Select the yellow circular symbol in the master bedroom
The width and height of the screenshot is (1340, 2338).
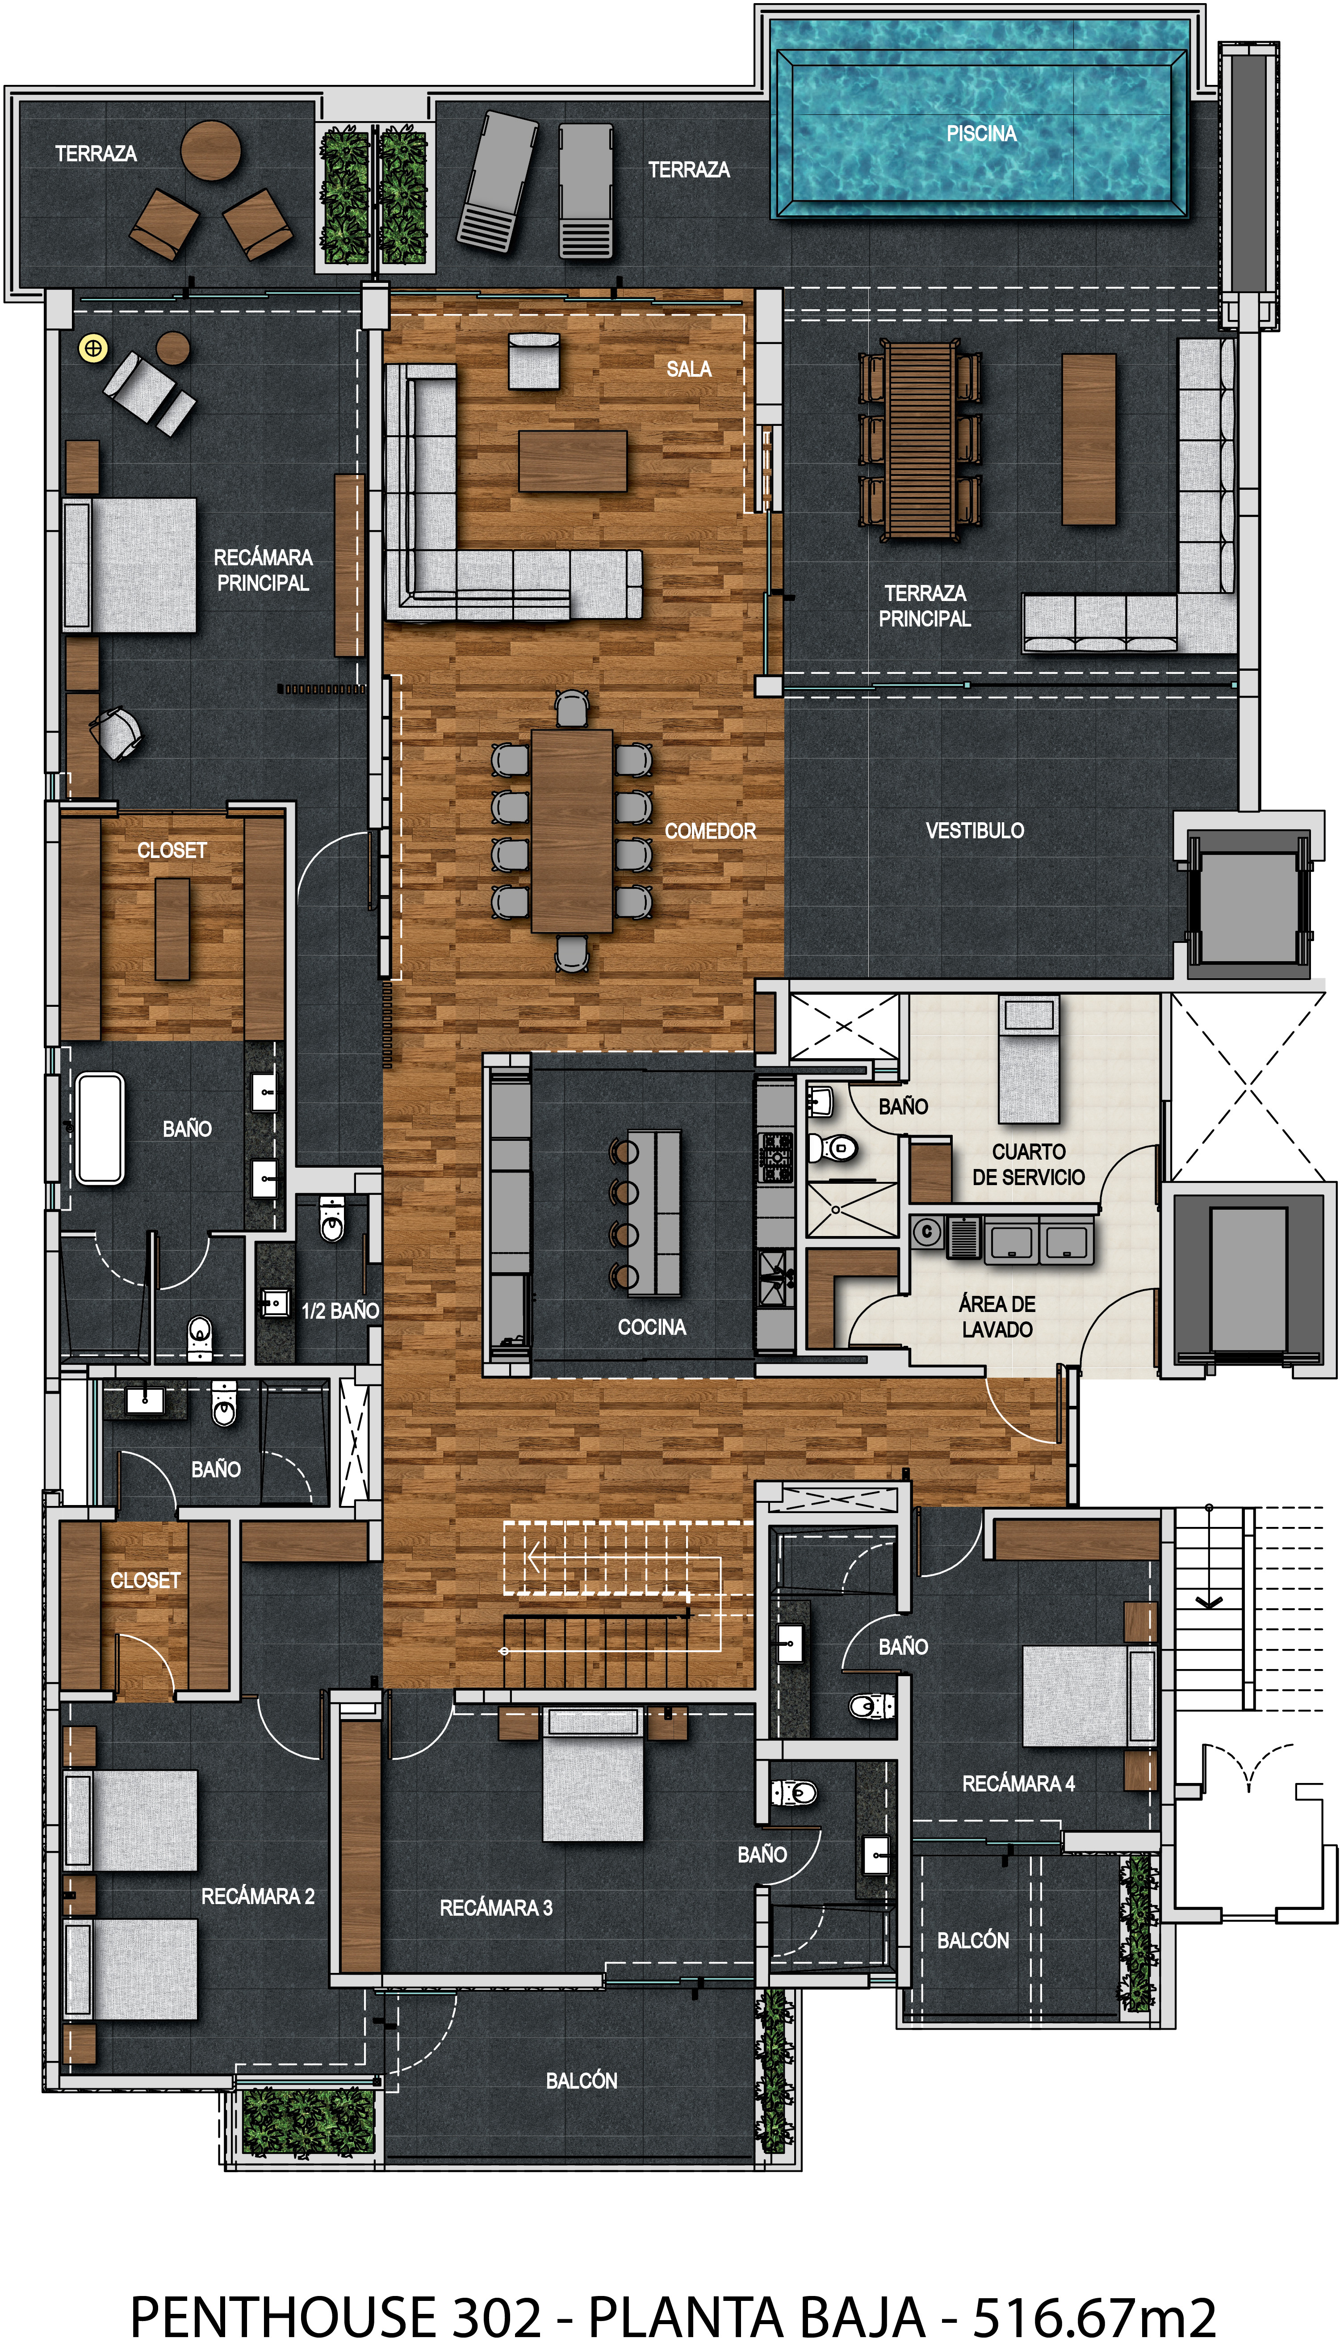pyautogui.click(x=93, y=348)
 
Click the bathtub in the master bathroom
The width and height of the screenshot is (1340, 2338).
pyautogui.click(x=100, y=1127)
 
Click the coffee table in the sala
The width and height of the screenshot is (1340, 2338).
pyautogui.click(x=573, y=461)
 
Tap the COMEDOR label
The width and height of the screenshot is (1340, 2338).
pyautogui.click(x=710, y=831)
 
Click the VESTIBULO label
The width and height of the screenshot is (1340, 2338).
pyautogui.click(x=975, y=830)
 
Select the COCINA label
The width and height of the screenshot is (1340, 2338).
pyautogui.click(x=652, y=1326)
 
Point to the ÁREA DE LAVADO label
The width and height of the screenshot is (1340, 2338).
pyautogui.click(x=997, y=1316)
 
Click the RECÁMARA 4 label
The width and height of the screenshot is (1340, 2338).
pyautogui.click(x=1018, y=1784)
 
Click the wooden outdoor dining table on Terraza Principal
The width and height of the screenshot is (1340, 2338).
pyautogui.click(x=920, y=440)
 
